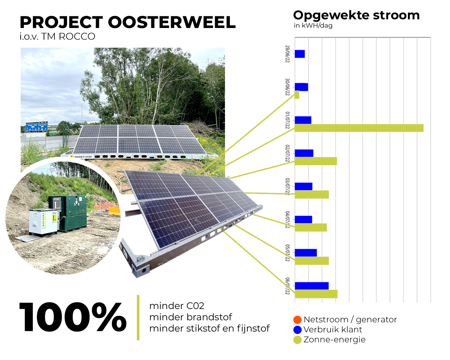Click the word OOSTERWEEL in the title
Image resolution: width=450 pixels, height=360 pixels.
pos(172,22)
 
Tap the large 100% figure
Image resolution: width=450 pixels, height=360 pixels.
pos(73,317)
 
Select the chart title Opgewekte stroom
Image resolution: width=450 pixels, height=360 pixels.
pos(356,15)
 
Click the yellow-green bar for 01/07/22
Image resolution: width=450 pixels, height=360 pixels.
pos(359,128)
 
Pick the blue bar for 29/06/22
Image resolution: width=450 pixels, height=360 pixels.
pos(300,54)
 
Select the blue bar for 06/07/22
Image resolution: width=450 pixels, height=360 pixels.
pos(312,286)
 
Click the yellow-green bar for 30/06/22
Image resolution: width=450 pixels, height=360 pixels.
pos(297,95)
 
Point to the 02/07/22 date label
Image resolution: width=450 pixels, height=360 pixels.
pos(287,154)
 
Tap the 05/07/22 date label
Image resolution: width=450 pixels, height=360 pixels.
pos(287,253)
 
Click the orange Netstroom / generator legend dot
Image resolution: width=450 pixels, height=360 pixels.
pos(297,320)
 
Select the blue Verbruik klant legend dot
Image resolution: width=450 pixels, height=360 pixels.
pos(297,330)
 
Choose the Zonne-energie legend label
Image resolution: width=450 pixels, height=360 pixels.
pos(334,340)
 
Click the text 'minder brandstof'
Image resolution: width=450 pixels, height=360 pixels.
pos(190,317)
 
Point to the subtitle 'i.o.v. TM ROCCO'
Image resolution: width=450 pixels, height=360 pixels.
pos(57,36)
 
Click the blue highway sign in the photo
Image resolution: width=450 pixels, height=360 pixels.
pos(37,127)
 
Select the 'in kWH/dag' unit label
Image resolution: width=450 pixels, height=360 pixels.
pos(313,26)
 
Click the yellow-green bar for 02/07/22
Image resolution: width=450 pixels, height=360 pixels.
pos(316,161)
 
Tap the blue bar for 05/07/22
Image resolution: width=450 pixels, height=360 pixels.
pos(306,253)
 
